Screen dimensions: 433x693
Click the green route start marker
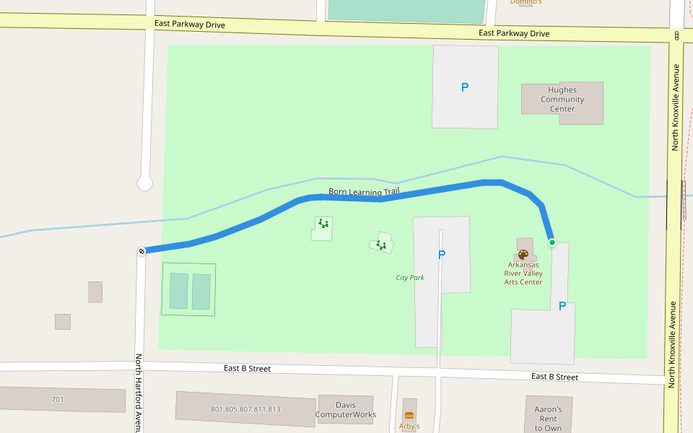coord(552,242)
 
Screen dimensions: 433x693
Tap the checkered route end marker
coord(141,251)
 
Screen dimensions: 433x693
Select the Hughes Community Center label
coord(562,100)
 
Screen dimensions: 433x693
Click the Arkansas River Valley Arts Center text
coord(523,274)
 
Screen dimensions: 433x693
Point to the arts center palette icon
coord(523,254)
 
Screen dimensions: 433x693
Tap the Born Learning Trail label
coord(364,192)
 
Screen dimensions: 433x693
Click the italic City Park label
coord(410,278)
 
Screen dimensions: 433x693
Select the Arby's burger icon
coord(409,416)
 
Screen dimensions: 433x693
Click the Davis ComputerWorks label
coord(346,410)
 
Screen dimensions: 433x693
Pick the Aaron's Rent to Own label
coord(548,419)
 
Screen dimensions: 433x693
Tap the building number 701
coord(58,399)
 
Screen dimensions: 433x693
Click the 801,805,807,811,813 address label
coord(245,409)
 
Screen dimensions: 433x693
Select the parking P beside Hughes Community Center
coord(465,87)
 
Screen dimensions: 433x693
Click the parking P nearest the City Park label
coord(442,255)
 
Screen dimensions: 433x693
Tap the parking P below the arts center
coord(562,306)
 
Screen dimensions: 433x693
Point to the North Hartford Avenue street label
coord(138,393)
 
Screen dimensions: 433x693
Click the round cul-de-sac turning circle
coord(145,183)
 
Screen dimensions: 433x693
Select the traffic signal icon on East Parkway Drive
coord(676,35)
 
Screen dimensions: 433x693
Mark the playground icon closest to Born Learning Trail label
coord(323,224)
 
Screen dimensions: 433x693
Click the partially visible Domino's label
coord(526,2)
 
